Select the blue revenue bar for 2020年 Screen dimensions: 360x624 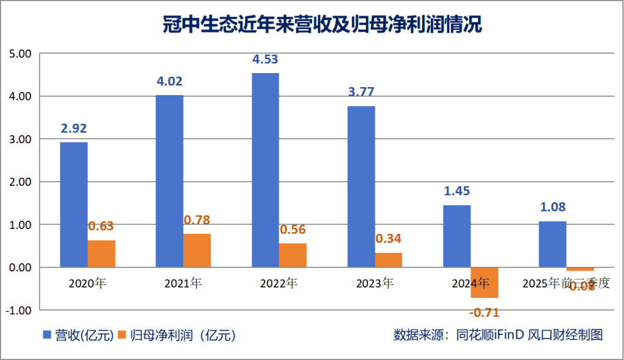click(74, 205)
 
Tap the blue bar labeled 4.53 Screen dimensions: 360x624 click(265, 171)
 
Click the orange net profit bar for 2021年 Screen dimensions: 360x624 click(197, 250)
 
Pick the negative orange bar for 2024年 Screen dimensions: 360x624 click(484, 283)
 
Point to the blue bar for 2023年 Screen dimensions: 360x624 click(361, 186)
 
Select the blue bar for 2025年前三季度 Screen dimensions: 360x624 click(553, 244)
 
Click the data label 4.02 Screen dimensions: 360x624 click(169, 81)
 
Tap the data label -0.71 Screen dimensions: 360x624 click(484, 313)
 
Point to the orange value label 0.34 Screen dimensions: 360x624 click(388, 239)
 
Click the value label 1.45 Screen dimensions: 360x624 click(457, 191)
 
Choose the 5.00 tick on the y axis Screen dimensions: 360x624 click(20, 54)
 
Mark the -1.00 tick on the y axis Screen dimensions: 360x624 click(19, 310)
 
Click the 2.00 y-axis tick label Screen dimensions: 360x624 click(20, 182)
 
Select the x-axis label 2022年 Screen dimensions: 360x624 click(279, 283)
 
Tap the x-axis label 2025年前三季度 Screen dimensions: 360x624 click(566, 283)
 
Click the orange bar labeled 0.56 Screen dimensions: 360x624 click(292, 255)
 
